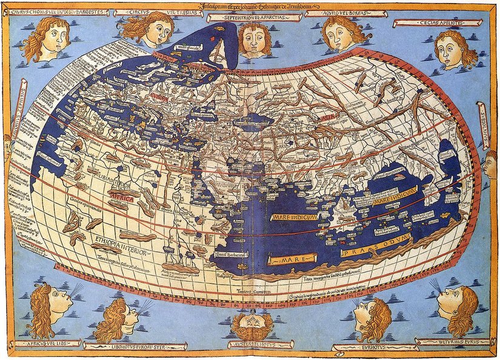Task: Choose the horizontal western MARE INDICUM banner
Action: point(295,217)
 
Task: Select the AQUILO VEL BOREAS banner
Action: point(337,13)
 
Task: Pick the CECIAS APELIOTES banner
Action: point(428,23)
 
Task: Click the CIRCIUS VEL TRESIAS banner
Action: point(152,12)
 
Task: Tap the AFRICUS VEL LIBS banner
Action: point(44,344)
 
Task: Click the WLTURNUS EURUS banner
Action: point(452,342)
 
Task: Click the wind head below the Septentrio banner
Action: point(254,38)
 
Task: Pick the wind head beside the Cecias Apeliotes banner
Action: point(455,50)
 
